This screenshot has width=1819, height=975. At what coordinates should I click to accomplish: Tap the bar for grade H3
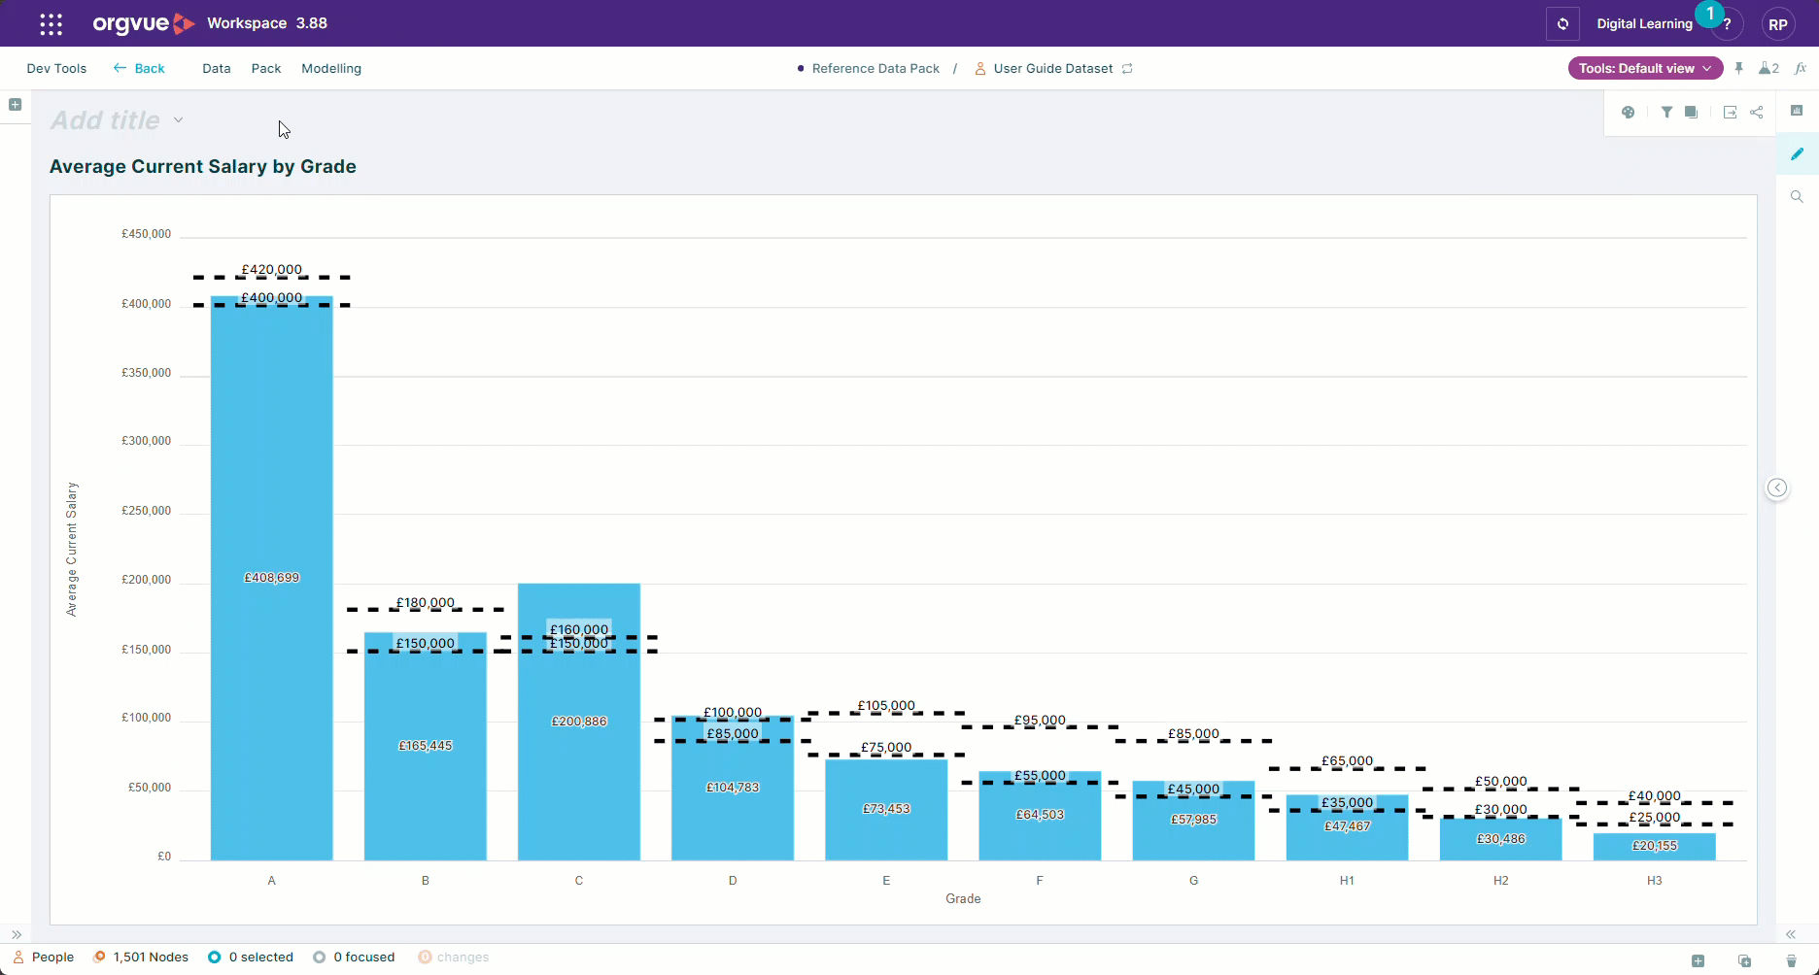[x=1655, y=847]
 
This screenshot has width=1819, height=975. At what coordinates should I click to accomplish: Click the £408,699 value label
[x=272, y=578]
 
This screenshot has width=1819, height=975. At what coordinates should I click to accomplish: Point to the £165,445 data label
[x=426, y=746]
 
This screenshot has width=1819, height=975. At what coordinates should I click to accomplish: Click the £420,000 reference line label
[x=272, y=270]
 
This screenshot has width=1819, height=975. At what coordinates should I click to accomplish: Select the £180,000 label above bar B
[x=426, y=603]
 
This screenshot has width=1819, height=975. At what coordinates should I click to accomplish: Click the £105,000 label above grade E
[x=886, y=706]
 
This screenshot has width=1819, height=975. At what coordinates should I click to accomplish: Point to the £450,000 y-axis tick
[x=146, y=234]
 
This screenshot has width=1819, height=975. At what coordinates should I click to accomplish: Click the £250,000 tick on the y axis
[x=146, y=511]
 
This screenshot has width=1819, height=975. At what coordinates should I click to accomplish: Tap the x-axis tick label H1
[x=1347, y=881]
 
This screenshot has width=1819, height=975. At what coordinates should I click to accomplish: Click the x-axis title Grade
[x=963, y=899]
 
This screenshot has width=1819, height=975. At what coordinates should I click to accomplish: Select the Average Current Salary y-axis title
[x=71, y=550]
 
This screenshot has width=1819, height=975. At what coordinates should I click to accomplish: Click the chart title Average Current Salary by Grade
[x=203, y=167]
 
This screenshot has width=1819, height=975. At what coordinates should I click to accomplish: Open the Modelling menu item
[x=331, y=69]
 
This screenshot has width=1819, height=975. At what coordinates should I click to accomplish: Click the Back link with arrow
[x=139, y=69]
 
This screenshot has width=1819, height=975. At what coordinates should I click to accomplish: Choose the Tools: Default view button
[x=1645, y=69]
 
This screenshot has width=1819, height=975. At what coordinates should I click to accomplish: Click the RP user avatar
[x=1778, y=24]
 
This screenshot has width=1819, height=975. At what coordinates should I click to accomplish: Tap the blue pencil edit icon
[x=1797, y=153]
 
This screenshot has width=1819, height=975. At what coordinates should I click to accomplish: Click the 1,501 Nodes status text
[x=151, y=958]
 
